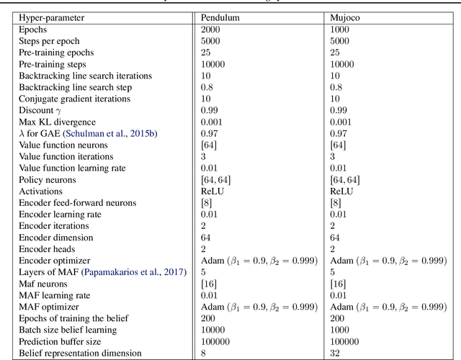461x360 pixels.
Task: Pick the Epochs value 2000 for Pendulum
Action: click(212, 30)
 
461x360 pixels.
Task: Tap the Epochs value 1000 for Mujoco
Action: click(341, 30)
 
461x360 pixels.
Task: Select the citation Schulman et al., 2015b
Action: click(133, 133)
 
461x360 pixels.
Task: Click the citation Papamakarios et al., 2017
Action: click(134, 271)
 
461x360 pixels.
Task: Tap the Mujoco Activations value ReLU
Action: click(343, 191)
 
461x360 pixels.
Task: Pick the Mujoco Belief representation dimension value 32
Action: click(336, 353)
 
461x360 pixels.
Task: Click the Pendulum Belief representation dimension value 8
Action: click(204, 353)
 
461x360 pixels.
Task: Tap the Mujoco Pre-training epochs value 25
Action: click(336, 53)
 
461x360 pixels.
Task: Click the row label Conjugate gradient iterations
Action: click(75, 99)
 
